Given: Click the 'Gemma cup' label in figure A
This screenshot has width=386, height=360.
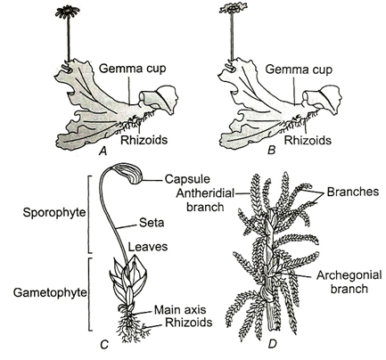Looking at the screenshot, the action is tap(132, 69).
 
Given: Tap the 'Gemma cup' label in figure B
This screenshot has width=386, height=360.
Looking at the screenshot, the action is tap(299, 70).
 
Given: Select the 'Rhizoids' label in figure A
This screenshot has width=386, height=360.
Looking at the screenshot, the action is tap(144, 140).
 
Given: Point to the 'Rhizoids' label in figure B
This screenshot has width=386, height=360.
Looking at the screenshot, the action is tap(308, 140).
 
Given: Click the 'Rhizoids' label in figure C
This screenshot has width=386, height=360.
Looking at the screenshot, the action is tap(189, 323).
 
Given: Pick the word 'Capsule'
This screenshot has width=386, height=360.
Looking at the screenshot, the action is tap(187, 179).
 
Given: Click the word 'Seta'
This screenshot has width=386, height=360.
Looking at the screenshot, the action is tap(152, 223).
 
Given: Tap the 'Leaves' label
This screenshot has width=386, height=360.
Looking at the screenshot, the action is tap(148, 247).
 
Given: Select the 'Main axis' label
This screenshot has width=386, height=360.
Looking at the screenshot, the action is tap(180, 310).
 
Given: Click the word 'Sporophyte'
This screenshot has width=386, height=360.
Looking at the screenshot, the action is tap(54, 213).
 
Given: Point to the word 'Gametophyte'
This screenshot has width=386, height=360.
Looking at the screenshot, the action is tap(50, 293).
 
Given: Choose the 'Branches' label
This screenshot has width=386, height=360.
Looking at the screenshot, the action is tap(353, 192).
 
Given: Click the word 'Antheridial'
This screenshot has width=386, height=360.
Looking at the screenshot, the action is tap(205, 193).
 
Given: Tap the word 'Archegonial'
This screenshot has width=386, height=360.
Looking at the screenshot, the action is tap(349, 275).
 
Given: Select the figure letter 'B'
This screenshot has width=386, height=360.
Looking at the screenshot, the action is tap(271, 151).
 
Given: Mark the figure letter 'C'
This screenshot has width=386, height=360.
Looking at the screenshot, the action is tap(104, 344).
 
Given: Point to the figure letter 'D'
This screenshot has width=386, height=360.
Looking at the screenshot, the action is tap(272, 344).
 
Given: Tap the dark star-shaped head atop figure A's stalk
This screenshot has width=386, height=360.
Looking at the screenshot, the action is tap(68, 12).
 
